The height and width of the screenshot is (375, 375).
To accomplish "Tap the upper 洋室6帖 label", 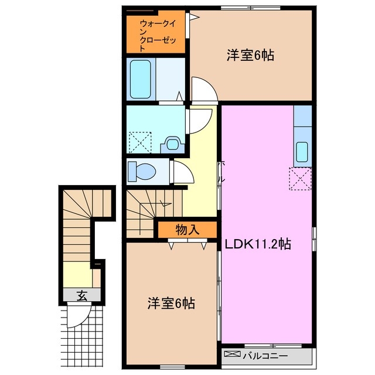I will (251, 56).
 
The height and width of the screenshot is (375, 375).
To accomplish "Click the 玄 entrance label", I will (81, 296).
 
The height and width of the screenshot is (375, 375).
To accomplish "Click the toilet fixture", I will (141, 172).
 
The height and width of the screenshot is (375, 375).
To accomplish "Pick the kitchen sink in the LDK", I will (302, 152).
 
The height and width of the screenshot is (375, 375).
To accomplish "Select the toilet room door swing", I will (178, 173).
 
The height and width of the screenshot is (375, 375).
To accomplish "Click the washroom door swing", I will (197, 121).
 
